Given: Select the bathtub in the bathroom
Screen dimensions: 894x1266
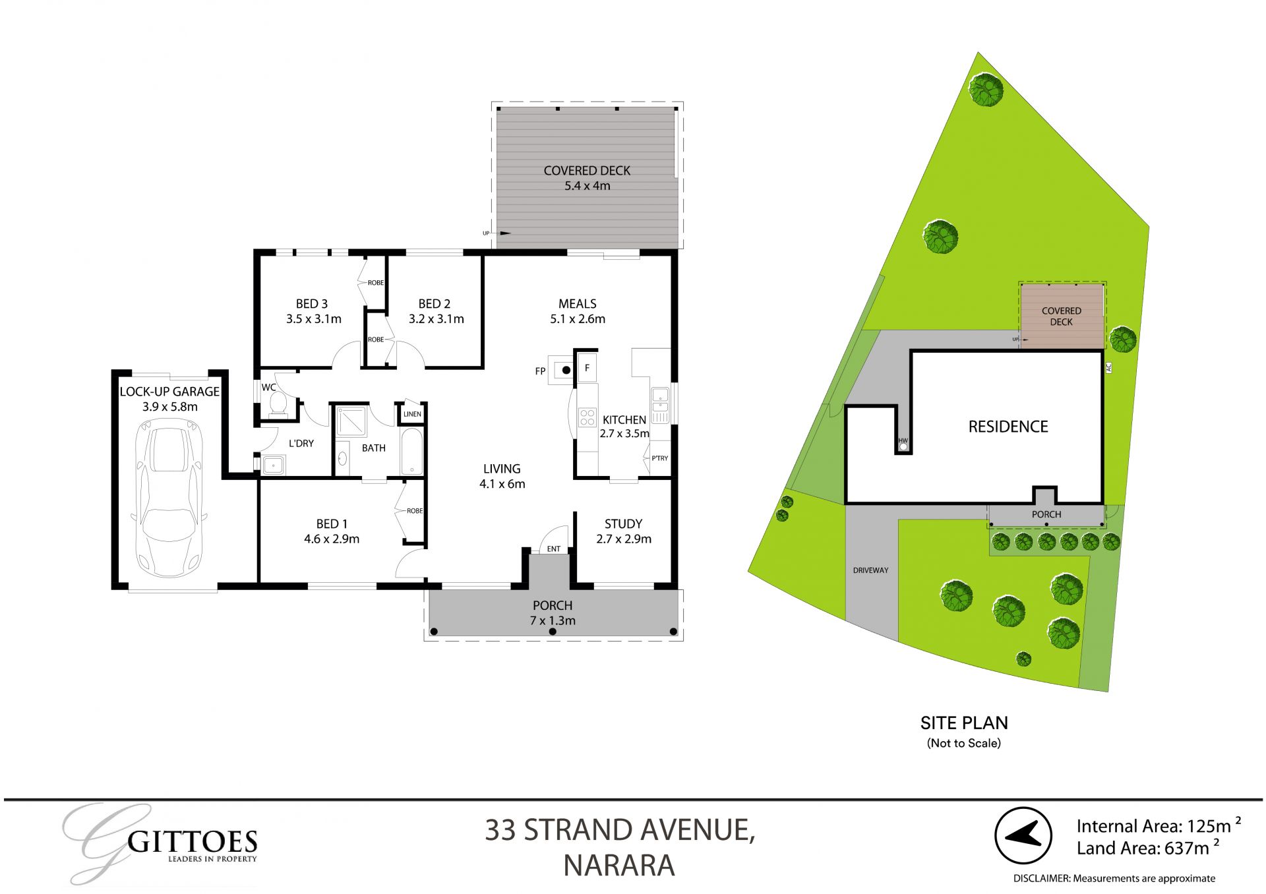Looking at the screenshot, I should click(x=411, y=452).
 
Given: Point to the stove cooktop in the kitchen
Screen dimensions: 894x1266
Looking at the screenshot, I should click(x=587, y=417).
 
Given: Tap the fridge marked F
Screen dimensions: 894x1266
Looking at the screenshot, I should click(x=587, y=368).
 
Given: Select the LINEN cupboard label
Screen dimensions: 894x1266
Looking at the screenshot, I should click(x=412, y=415).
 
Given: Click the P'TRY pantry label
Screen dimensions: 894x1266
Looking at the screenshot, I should click(x=659, y=458).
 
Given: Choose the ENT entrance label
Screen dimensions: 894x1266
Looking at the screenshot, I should click(x=554, y=549).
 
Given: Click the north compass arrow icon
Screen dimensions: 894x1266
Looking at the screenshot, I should click(x=1023, y=836).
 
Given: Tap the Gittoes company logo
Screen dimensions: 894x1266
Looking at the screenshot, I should click(x=161, y=843).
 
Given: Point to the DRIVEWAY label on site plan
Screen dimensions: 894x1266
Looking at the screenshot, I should click(x=870, y=570).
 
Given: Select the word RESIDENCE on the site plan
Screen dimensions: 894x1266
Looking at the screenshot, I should click(x=1008, y=427).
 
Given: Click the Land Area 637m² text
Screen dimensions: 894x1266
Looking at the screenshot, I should click(x=1147, y=849).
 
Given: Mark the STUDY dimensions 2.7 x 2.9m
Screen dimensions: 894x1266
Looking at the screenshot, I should click(x=623, y=539).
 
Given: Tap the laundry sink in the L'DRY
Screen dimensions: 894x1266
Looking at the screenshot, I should click(x=273, y=466).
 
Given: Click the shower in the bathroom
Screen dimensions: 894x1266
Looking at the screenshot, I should click(x=351, y=422).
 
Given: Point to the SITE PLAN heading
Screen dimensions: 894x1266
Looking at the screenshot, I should click(x=964, y=723).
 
